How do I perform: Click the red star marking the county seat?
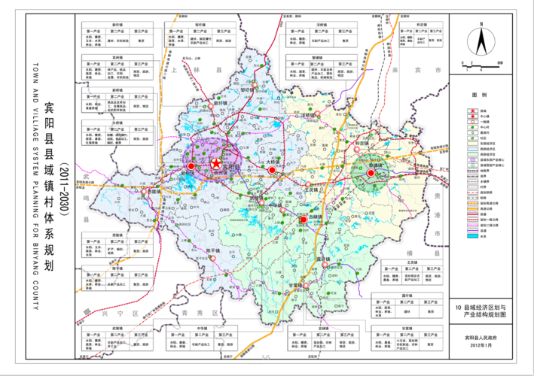click(217, 163)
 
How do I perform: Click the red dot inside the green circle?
click(370, 174)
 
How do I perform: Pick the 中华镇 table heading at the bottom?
click(203, 329)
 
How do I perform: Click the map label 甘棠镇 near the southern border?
click(295, 286)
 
